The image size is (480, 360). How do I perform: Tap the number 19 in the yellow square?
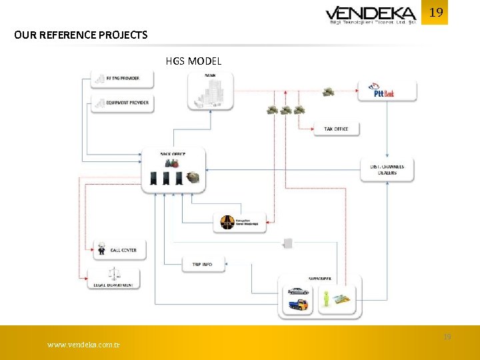point(436,13)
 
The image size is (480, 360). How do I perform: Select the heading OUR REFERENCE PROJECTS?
point(81,35)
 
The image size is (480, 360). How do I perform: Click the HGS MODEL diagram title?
point(193,61)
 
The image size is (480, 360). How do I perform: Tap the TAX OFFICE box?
point(336,127)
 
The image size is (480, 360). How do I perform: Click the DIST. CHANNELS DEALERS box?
point(387,169)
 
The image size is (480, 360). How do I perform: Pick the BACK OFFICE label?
point(173,154)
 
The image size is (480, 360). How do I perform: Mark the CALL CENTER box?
point(119,250)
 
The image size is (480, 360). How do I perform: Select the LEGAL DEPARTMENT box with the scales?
point(115,278)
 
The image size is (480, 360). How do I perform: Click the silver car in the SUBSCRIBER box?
point(297,291)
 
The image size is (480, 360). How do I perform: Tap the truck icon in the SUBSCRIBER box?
point(297,306)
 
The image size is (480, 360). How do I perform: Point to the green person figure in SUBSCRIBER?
point(326,298)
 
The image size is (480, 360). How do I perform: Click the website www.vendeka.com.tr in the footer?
point(83,345)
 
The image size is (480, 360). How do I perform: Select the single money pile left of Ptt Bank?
point(328,91)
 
